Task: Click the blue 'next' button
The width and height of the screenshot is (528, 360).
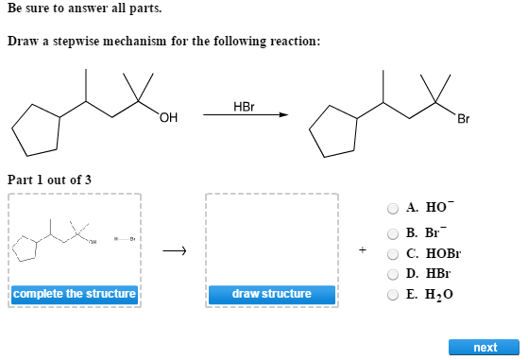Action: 485,348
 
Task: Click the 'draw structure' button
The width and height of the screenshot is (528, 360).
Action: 272,294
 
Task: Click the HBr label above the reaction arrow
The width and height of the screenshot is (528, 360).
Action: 244,105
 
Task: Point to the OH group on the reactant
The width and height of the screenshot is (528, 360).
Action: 169,118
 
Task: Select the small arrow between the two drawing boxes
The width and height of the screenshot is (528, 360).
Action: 175,251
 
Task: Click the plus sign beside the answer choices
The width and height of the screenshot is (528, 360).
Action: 363,250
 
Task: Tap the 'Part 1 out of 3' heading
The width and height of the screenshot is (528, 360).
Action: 49,180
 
